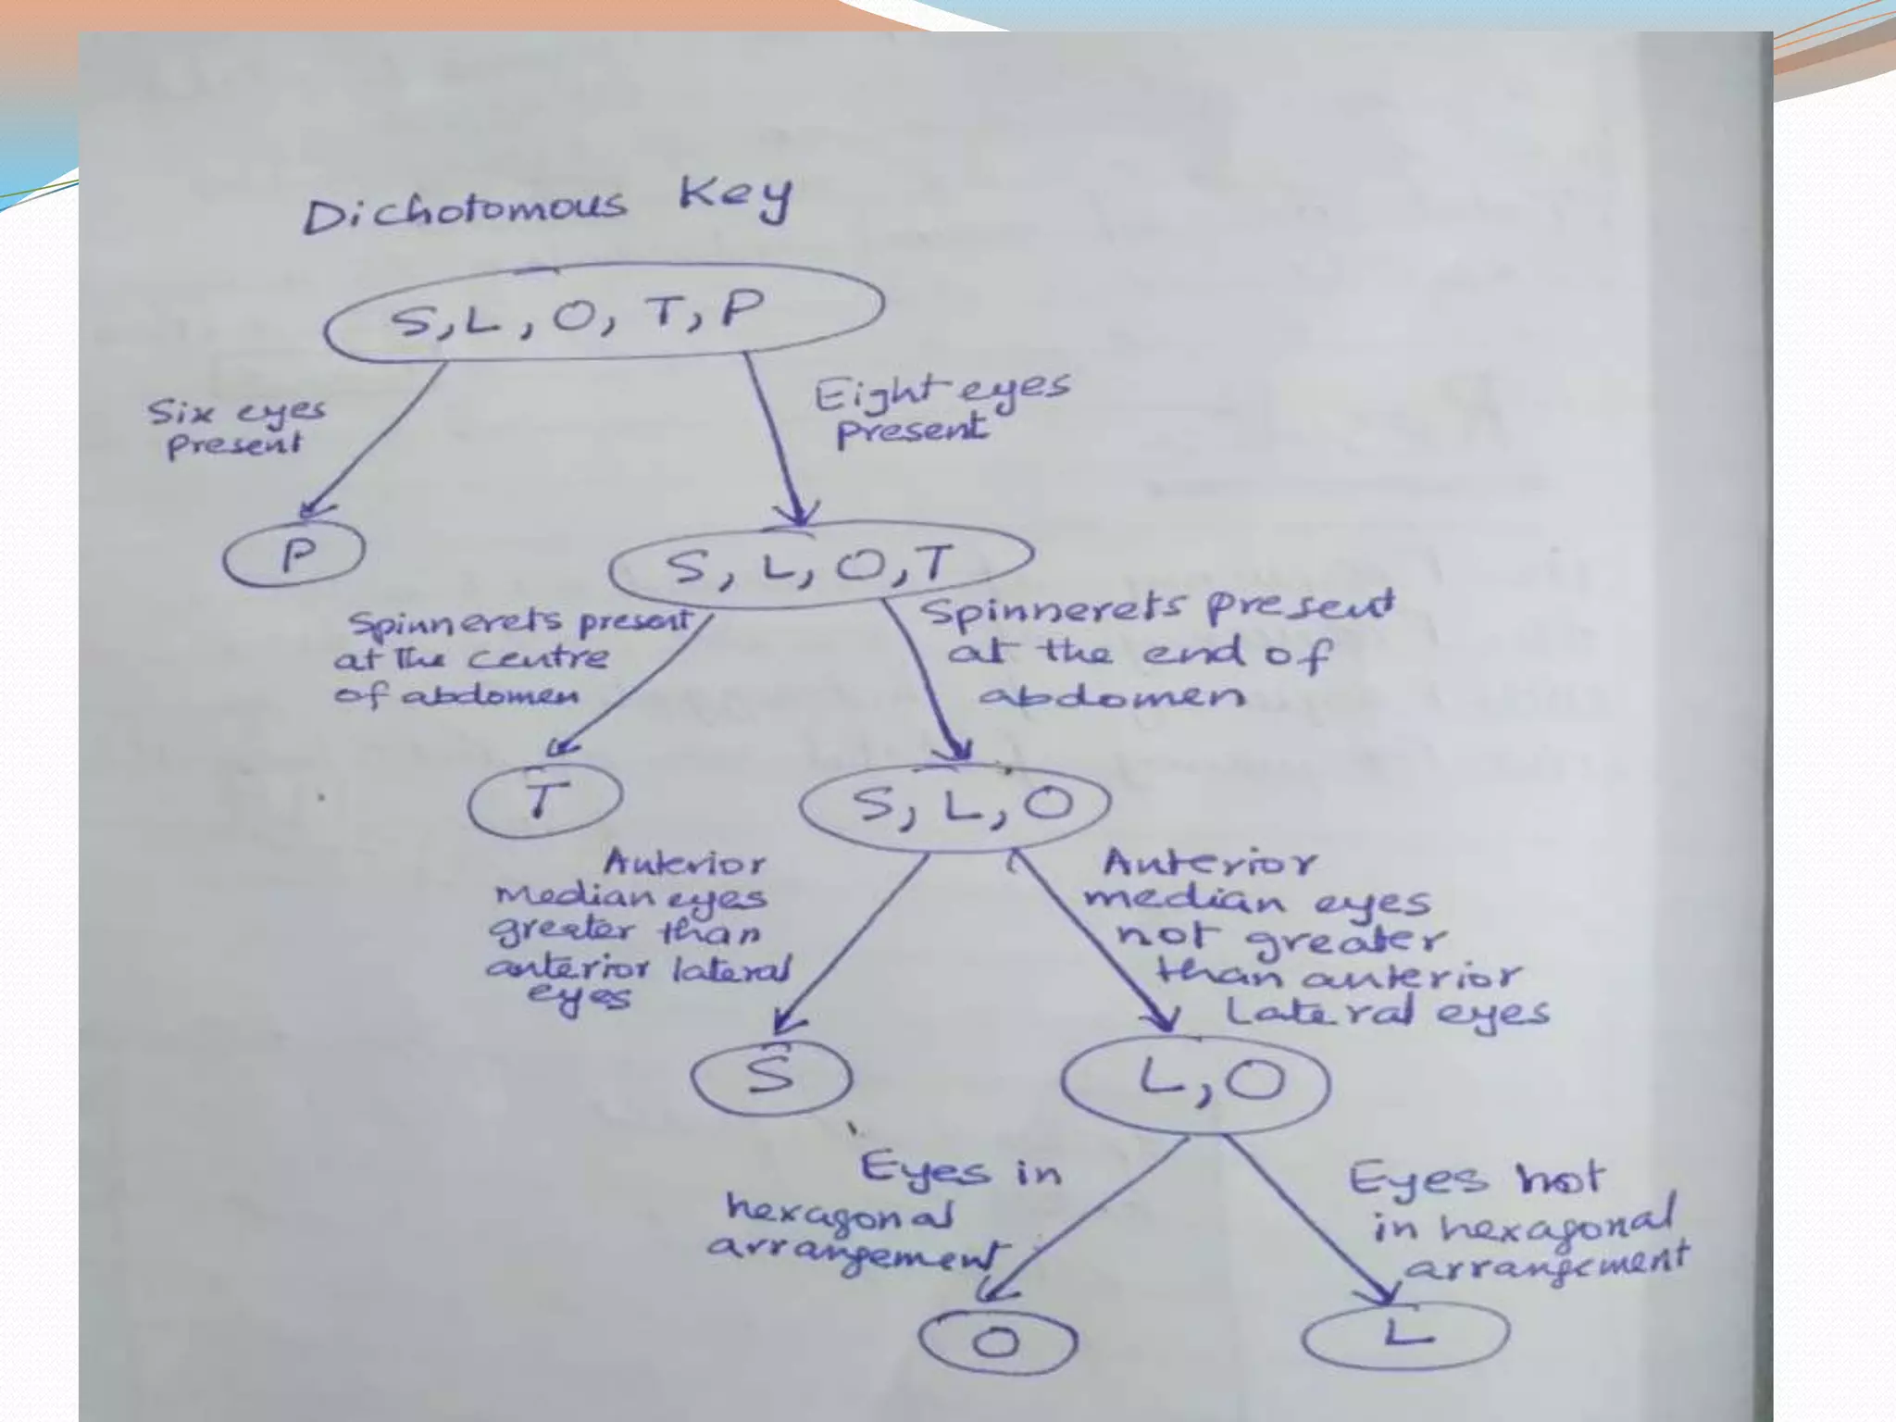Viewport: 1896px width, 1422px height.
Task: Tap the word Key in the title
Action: (736, 196)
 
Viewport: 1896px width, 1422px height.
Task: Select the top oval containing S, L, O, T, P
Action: (602, 313)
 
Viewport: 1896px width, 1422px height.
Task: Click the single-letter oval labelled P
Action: (294, 555)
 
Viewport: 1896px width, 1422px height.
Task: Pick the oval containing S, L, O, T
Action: (819, 565)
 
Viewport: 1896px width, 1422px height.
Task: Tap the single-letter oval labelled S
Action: (772, 1077)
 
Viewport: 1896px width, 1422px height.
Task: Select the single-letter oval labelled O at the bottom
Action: (998, 1341)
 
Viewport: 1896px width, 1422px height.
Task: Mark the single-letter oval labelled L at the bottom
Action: (1405, 1334)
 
